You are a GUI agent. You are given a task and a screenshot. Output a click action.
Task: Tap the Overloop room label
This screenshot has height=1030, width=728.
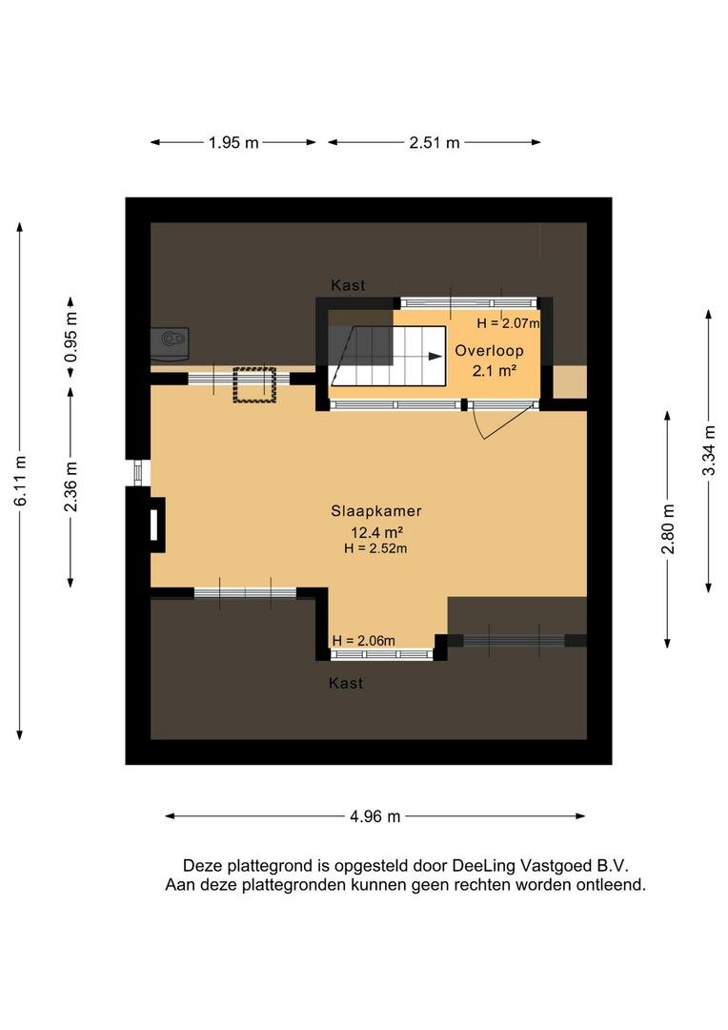[x=489, y=351]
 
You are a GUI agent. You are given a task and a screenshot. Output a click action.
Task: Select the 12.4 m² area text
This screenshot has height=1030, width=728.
[x=376, y=532]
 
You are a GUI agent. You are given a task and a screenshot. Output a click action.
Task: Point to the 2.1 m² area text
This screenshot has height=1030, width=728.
[x=495, y=370]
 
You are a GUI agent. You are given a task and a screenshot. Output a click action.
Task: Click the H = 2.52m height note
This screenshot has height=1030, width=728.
[x=375, y=548]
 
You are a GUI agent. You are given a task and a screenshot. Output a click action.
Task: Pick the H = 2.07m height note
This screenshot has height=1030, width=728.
[x=508, y=323]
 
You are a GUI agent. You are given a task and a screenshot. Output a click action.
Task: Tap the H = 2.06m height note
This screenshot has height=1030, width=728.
[x=364, y=641]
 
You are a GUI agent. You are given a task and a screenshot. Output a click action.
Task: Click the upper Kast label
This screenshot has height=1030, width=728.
[x=348, y=285]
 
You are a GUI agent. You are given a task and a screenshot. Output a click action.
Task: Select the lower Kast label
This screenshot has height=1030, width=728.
[x=346, y=683]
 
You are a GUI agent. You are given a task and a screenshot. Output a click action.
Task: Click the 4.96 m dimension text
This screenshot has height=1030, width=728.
[x=374, y=816]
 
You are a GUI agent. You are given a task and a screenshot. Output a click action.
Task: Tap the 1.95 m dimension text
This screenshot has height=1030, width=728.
[x=233, y=142]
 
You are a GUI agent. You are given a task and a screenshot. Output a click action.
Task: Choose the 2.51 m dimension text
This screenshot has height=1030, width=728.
[x=435, y=142]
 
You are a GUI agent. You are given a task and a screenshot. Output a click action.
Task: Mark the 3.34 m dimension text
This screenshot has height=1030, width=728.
[x=708, y=450]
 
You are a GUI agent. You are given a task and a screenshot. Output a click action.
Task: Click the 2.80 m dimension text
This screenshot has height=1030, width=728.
[x=668, y=529]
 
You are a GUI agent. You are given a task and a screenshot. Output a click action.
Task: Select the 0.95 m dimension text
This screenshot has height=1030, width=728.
[x=71, y=337]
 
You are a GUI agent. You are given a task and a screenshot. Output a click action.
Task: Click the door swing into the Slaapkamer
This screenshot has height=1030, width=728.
[x=507, y=423]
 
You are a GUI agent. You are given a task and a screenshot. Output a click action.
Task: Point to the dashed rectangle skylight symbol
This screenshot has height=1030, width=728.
[x=254, y=385]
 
